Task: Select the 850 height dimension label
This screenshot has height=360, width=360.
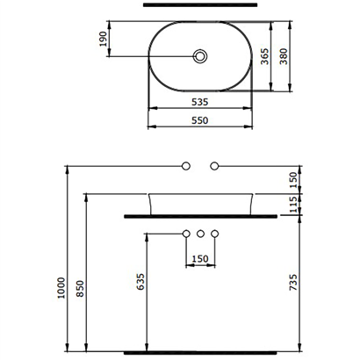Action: click(x=80, y=289)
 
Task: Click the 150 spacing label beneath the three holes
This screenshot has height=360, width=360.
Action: click(x=201, y=258)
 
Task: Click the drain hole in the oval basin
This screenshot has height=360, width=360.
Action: click(x=201, y=57)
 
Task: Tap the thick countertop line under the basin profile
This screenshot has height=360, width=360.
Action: click(x=201, y=214)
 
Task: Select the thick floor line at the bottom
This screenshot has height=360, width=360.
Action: click(x=201, y=352)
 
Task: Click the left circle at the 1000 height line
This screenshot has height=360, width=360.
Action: click(x=185, y=165)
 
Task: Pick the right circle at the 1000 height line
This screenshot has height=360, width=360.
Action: click(x=216, y=165)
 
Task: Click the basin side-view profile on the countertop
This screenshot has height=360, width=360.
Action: click(x=201, y=202)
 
